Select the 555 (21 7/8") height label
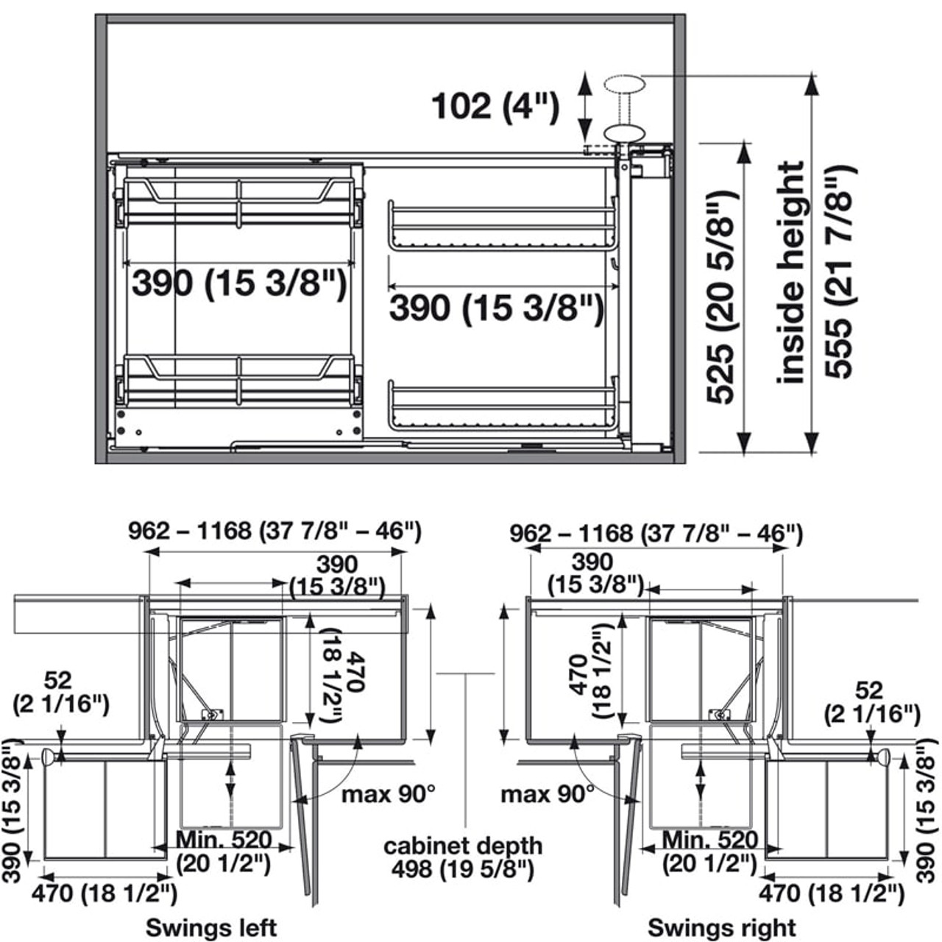coord(840,272)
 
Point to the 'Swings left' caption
coord(211,927)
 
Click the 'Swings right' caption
coord(721,927)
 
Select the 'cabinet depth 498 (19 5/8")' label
coord(463,857)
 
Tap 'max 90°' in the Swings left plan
coord(388,794)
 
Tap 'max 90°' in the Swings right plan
coord(547,794)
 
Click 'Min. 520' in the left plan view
coord(224,840)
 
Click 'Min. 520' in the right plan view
coord(709,840)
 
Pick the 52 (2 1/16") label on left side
coord(61,692)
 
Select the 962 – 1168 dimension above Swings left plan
coord(275,531)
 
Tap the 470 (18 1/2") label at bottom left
coord(104,893)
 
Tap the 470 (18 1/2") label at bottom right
coord(831,893)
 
